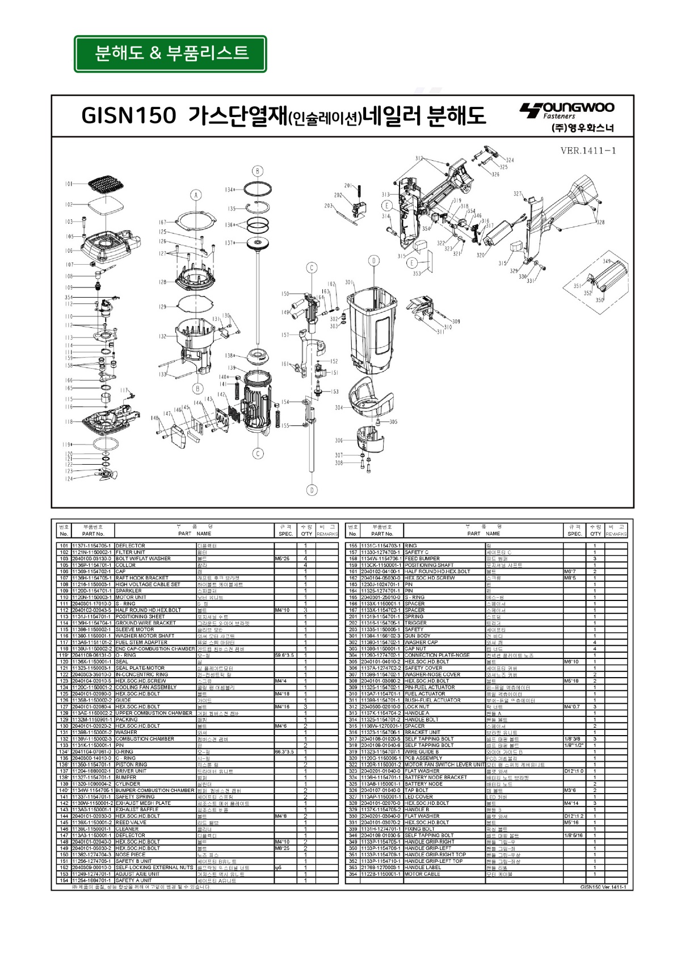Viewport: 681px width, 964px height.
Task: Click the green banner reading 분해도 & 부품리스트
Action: tap(170, 53)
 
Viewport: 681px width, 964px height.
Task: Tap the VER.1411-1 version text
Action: tap(587, 151)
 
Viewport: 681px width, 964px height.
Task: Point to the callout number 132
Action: tap(163, 336)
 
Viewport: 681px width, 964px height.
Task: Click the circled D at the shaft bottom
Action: tap(312, 490)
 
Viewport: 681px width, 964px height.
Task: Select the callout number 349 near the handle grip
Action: tap(607, 261)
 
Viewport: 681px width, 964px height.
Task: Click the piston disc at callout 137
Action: tap(259, 243)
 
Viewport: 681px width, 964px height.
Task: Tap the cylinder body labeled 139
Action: tap(258, 400)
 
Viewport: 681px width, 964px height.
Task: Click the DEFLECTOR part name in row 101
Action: tap(131, 545)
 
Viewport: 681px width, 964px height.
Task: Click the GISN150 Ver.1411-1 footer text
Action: tap(603, 887)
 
